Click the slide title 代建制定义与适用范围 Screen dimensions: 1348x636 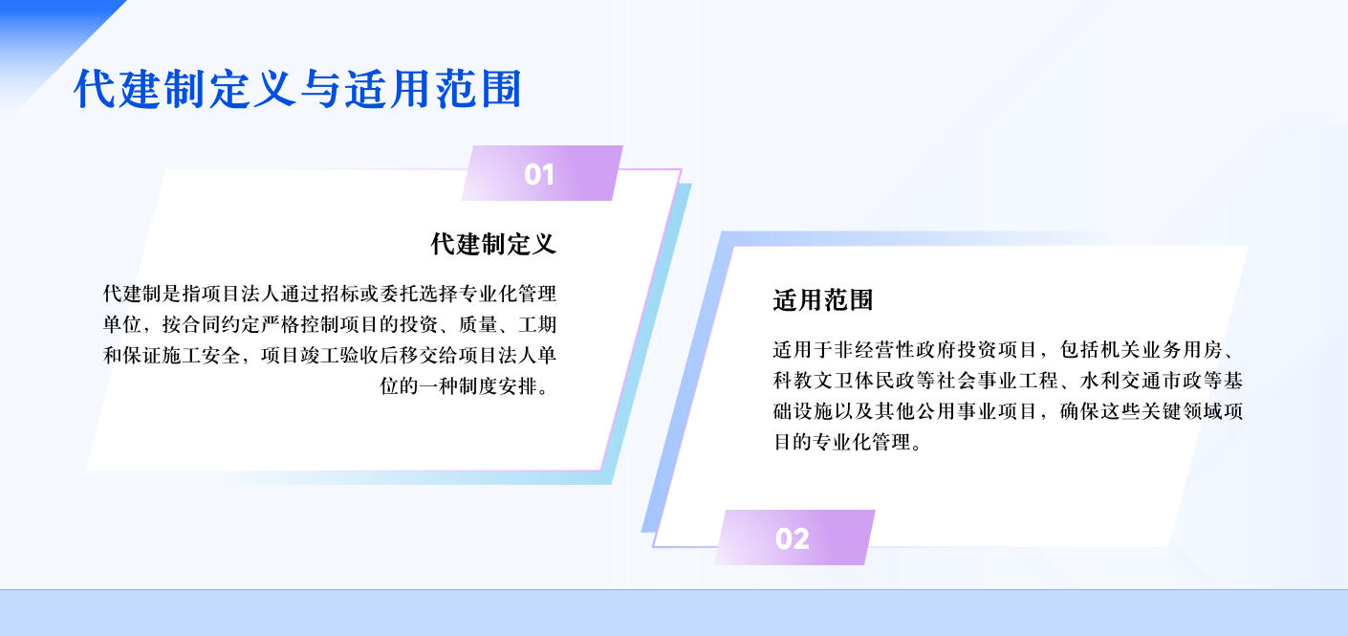[298, 89]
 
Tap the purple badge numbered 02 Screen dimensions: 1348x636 [795, 537]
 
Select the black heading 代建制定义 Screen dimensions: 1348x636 [493, 244]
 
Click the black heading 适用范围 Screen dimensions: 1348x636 [822, 300]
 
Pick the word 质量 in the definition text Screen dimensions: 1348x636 [478, 324]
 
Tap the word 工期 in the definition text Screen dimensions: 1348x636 [537, 324]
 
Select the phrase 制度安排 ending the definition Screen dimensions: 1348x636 [498, 386]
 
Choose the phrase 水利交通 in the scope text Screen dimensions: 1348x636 [1120, 381]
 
